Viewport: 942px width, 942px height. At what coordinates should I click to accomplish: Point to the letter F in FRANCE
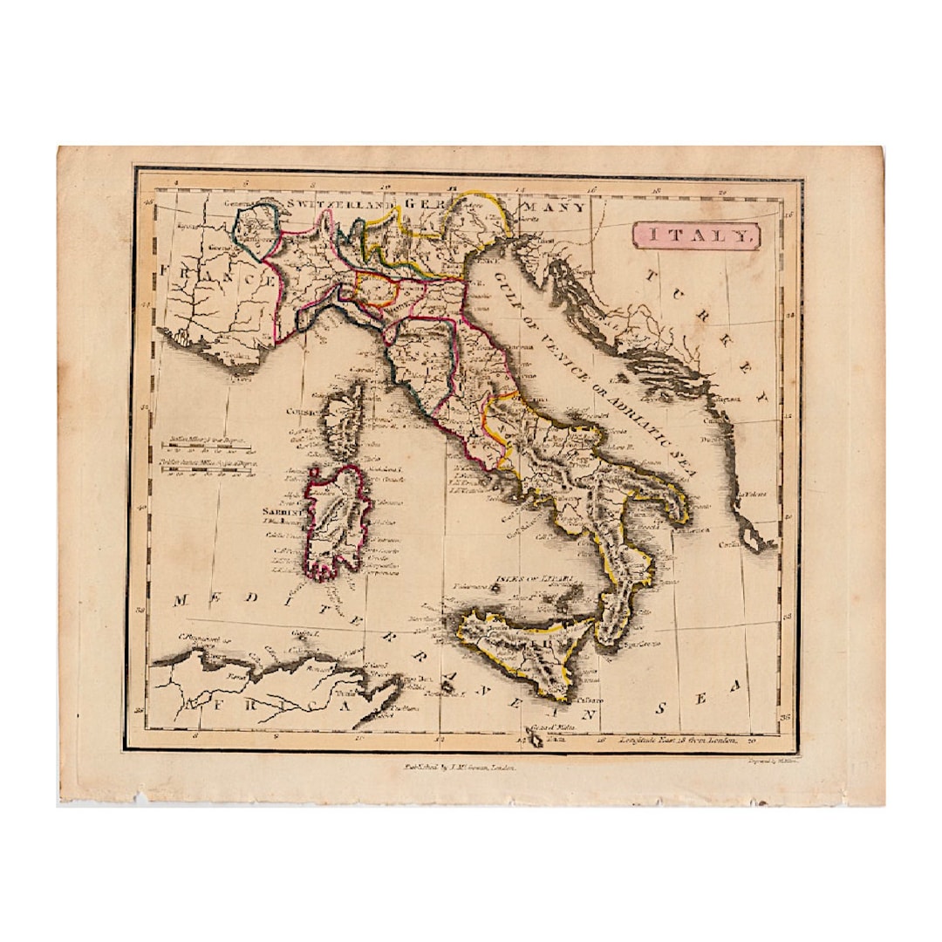165,274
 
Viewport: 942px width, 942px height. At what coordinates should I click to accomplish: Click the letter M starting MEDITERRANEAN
181,600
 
